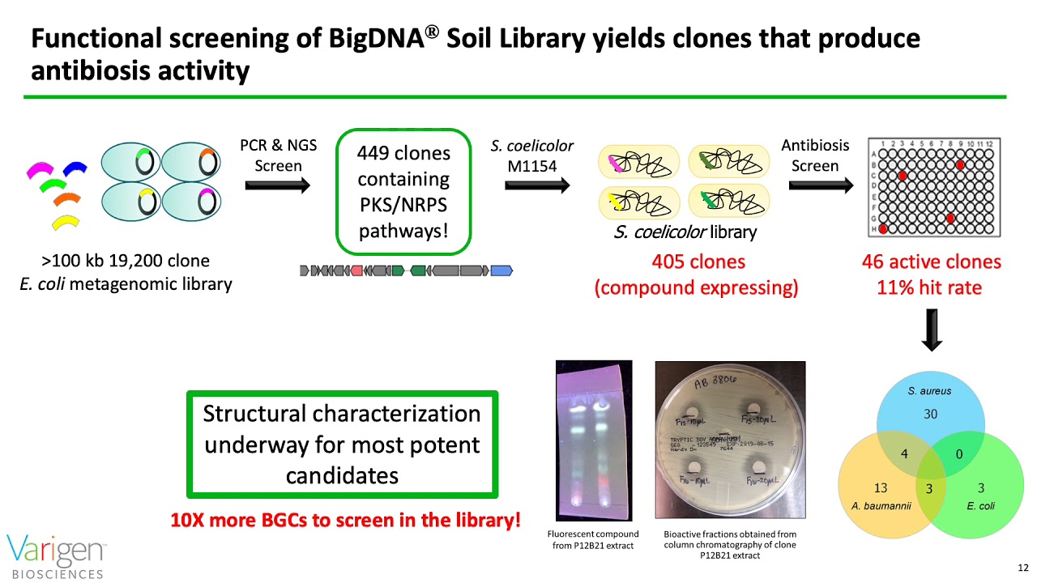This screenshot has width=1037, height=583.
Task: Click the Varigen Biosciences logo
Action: coord(57,555)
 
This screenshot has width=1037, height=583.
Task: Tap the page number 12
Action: coord(1022,567)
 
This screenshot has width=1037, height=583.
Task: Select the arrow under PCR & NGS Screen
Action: coord(277,185)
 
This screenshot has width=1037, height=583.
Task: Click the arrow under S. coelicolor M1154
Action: coord(536,185)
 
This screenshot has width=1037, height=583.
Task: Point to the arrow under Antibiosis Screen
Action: coord(820,185)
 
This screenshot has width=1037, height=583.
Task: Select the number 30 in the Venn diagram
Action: coord(931,414)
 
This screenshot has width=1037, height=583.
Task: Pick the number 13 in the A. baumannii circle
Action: coord(881,487)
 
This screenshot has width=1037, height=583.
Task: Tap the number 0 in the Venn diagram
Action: coord(959,454)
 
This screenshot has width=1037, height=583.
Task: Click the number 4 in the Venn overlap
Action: coord(905,454)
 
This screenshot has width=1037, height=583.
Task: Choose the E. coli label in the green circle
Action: coord(980,506)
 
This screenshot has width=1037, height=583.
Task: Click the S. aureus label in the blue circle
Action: coord(929,391)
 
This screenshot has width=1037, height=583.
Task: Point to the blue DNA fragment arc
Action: coord(75,169)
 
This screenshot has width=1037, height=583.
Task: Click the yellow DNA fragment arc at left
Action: coord(66,221)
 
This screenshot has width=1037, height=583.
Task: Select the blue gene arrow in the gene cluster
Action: coord(501,270)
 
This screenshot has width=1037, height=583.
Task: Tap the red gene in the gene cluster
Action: coord(356,270)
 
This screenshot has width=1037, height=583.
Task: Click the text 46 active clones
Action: coord(931,262)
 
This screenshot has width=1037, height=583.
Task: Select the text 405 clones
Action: coord(698,262)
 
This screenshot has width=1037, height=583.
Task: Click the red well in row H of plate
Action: coord(883,229)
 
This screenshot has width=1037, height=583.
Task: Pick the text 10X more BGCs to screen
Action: coord(345,520)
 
